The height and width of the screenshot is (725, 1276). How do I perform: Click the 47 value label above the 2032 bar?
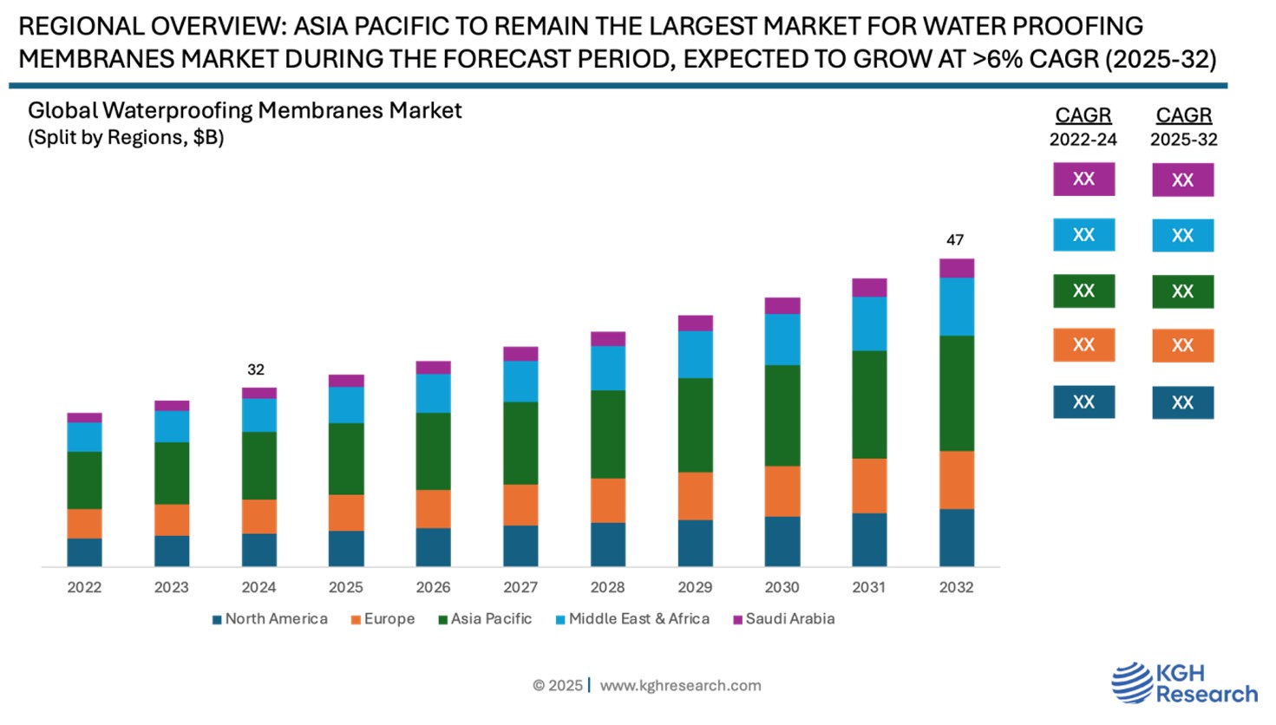(x=955, y=240)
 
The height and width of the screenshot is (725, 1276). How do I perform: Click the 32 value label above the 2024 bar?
(x=256, y=369)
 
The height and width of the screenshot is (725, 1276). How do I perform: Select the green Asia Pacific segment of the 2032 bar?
(x=956, y=393)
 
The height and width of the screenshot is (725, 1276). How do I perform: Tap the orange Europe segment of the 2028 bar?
(x=607, y=500)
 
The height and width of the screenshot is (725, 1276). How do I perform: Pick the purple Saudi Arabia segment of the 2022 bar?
(x=84, y=417)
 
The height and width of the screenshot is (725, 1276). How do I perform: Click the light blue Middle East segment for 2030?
(x=782, y=339)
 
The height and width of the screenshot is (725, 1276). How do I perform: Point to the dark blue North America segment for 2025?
(x=346, y=548)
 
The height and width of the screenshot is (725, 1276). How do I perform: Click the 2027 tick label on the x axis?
(x=520, y=587)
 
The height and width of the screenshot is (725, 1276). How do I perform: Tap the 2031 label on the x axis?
(x=869, y=587)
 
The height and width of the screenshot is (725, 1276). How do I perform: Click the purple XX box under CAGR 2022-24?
(x=1083, y=180)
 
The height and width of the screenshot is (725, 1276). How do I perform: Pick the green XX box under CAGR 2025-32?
(x=1182, y=291)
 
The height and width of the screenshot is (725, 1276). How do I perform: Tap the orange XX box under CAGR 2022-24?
(x=1083, y=345)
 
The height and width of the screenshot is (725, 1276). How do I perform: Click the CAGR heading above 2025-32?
(x=1183, y=115)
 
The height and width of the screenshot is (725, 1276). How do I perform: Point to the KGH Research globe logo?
(x=1131, y=682)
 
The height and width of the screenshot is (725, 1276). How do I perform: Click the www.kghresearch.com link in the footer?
(x=680, y=686)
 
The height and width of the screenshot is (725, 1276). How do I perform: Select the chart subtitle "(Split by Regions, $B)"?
(x=126, y=138)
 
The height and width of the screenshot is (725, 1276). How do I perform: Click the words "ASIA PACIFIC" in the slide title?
(x=363, y=26)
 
